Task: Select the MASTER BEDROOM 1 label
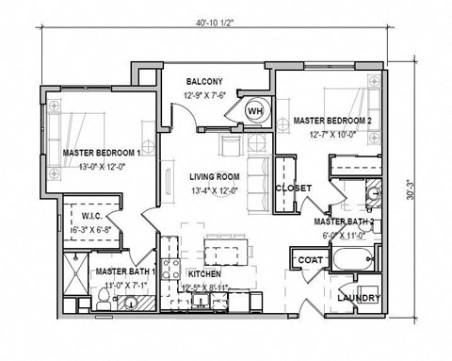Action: point(101,152)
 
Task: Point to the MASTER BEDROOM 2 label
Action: point(331,122)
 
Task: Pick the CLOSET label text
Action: point(293,189)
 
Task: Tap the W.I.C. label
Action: point(78,215)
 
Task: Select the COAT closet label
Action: point(310,259)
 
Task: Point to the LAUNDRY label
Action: point(358,299)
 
